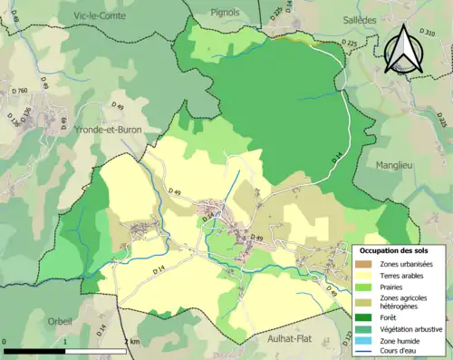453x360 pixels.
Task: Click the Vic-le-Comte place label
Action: tap(94, 16)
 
